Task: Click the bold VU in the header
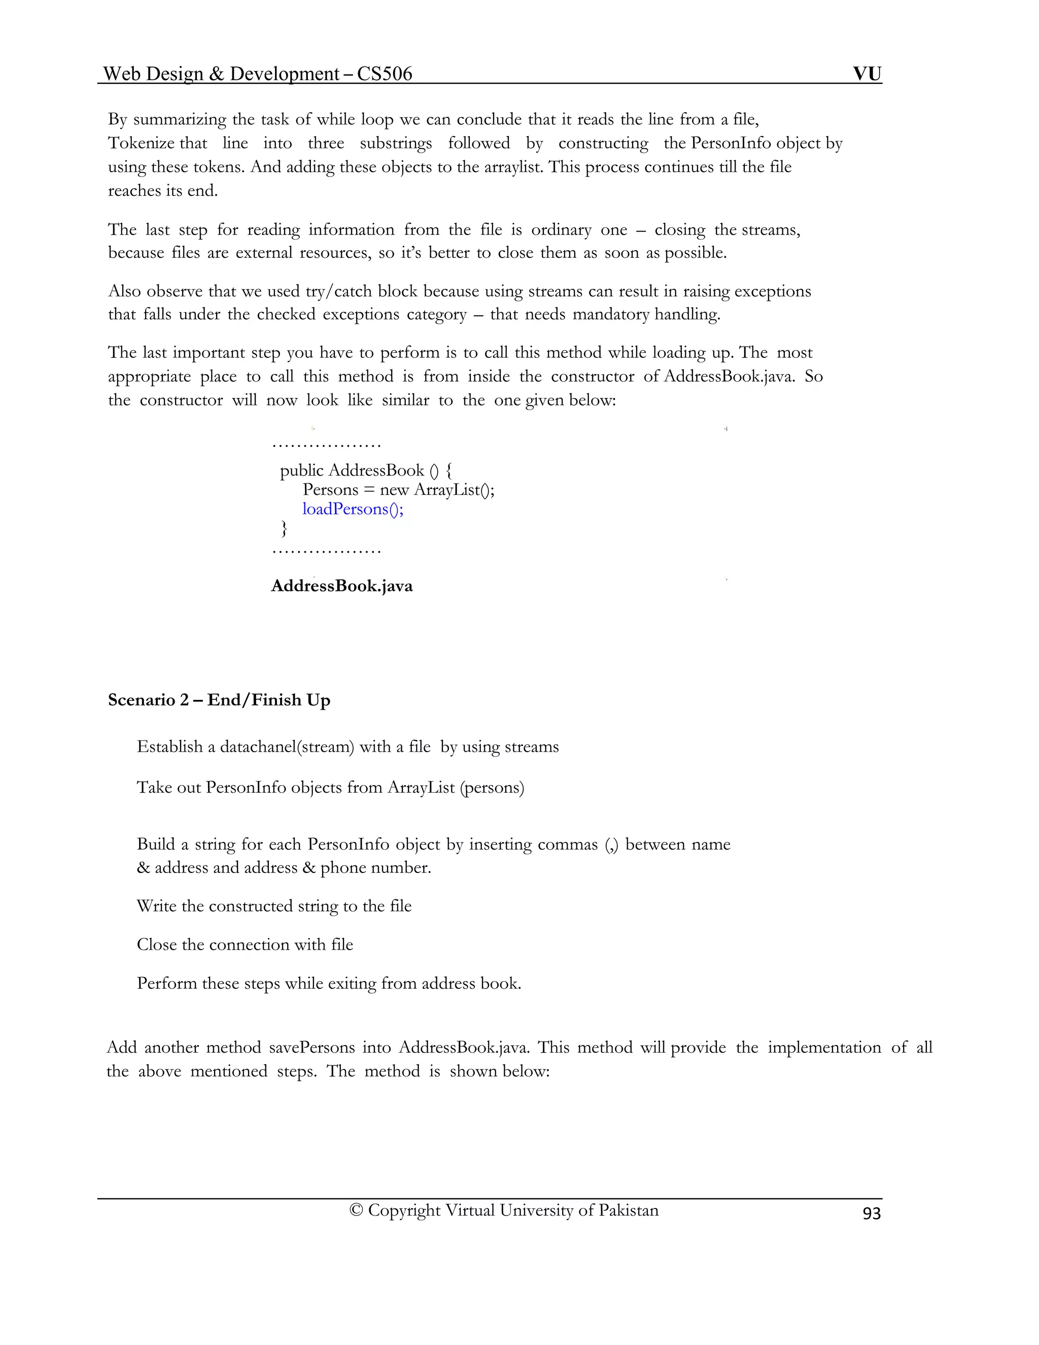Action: pyautogui.click(x=867, y=74)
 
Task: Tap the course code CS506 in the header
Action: pyautogui.click(x=384, y=74)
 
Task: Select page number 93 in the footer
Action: pyautogui.click(x=872, y=1213)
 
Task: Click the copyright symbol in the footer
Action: pyautogui.click(x=356, y=1210)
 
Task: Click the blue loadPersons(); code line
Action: pyautogui.click(x=353, y=509)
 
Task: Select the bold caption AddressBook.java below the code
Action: pyautogui.click(x=341, y=586)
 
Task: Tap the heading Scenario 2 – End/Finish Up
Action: pyautogui.click(x=219, y=700)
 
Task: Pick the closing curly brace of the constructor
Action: pyautogui.click(x=284, y=528)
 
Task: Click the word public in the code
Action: pyautogui.click(x=302, y=470)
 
